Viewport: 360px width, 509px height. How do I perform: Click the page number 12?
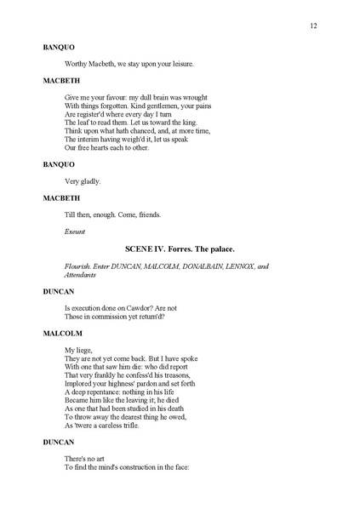point(314,26)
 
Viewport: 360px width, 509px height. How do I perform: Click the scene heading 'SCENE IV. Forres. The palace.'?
point(180,247)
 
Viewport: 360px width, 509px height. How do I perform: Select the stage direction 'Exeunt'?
point(74,231)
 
